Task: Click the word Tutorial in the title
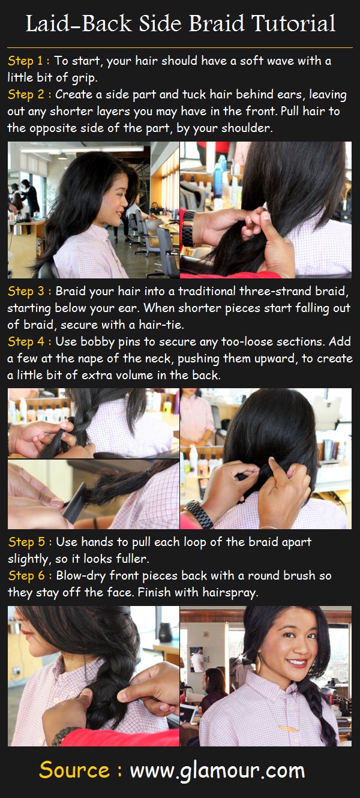click(x=293, y=23)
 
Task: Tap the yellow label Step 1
click(x=25, y=61)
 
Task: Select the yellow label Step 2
click(x=26, y=94)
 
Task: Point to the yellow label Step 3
click(x=26, y=291)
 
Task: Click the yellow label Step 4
click(x=26, y=341)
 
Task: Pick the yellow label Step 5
click(x=27, y=542)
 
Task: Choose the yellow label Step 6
click(x=27, y=575)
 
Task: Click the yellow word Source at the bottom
click(x=74, y=770)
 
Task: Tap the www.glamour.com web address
click(x=217, y=771)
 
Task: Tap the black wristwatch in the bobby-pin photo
click(x=199, y=514)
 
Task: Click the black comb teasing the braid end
click(x=74, y=503)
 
